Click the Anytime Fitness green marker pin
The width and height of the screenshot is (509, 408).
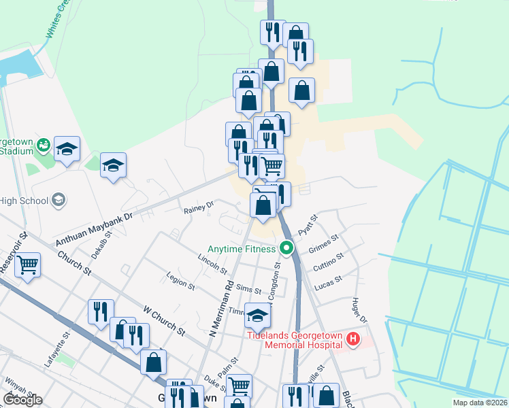[x=286, y=249]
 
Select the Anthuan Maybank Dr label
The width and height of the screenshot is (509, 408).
[x=99, y=223]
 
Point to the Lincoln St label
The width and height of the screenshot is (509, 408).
[x=212, y=265]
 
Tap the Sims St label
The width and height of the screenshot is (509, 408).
[x=243, y=291]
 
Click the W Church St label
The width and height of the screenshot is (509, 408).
[x=164, y=320]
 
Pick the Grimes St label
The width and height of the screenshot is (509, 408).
[x=324, y=244]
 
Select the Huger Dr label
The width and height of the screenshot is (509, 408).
[x=359, y=310]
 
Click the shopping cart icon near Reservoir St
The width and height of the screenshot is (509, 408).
[x=28, y=265]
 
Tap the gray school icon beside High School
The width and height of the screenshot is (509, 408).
[x=59, y=200]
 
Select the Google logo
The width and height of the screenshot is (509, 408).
[x=22, y=400]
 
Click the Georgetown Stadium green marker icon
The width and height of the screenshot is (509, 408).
[x=44, y=144]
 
